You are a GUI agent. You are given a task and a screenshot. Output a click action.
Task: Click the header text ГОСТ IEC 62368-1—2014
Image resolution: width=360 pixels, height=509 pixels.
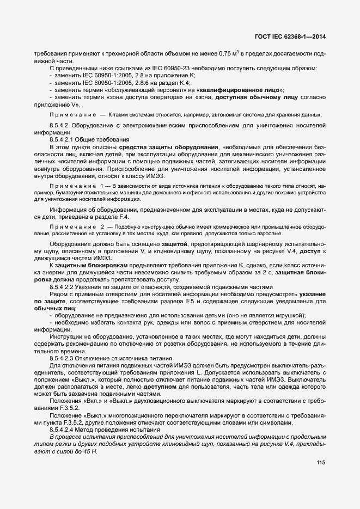pyautogui.click(x=294, y=38)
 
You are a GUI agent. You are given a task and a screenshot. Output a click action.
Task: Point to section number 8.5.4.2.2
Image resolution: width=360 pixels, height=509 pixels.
pyautogui.click(x=62, y=287)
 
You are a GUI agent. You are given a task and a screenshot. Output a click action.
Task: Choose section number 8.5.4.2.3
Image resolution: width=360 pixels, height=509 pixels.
pyautogui.click(x=62, y=358)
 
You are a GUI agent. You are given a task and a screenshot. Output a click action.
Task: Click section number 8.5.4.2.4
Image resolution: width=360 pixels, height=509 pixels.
pyautogui.click(x=62, y=430)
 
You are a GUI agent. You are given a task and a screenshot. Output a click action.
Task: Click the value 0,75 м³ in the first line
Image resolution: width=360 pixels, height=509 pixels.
pyautogui.click(x=229, y=54)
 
